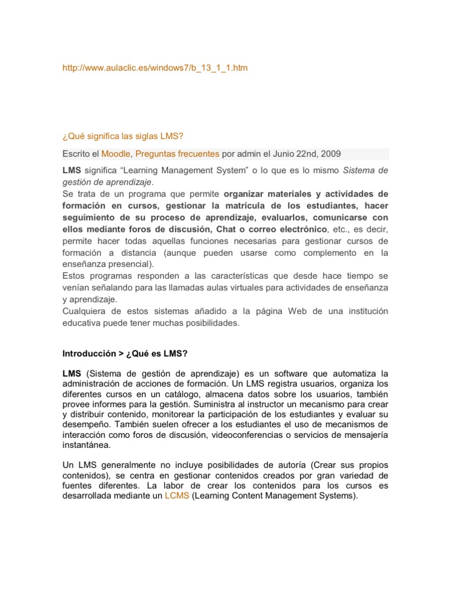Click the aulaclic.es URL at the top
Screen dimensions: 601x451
[155, 68]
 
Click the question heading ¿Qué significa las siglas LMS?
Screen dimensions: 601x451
[123, 137]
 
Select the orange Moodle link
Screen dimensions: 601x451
[116, 154]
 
